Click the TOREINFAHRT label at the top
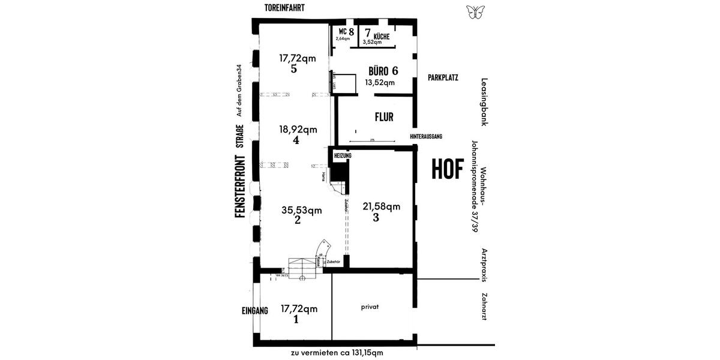pyautogui.click(x=286, y=8)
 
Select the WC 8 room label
pyautogui.click(x=346, y=31)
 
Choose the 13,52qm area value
pyautogui.click(x=381, y=83)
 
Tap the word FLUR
pyautogui.click(x=383, y=117)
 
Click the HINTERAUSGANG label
pyautogui.click(x=426, y=137)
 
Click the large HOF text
pyautogui.click(x=448, y=170)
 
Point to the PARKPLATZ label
pyautogui.click(x=443, y=78)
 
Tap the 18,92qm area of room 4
pyautogui.click(x=298, y=129)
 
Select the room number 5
pyautogui.click(x=293, y=69)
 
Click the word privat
pyautogui.click(x=370, y=307)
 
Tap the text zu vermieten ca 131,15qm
pyautogui.click(x=337, y=352)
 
